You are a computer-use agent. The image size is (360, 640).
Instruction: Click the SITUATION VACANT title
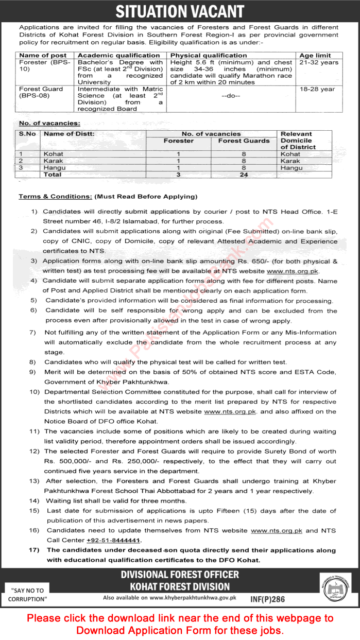(x=180, y=11)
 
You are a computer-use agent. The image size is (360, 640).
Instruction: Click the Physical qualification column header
(x=209, y=55)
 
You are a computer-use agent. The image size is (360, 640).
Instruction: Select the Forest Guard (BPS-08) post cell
(x=41, y=92)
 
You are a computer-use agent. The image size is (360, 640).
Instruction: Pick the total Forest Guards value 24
(x=244, y=175)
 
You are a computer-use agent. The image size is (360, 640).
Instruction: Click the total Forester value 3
(x=178, y=175)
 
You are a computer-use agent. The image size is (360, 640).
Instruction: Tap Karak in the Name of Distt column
(x=54, y=161)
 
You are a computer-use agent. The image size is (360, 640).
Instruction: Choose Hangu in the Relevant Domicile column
(x=292, y=168)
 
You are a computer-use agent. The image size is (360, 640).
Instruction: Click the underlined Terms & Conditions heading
(x=56, y=197)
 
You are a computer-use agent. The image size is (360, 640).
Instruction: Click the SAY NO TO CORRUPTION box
(x=27, y=595)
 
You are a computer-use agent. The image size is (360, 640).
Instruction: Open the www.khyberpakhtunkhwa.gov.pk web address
(x=193, y=598)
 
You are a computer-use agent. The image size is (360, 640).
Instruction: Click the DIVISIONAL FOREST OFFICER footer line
(x=180, y=575)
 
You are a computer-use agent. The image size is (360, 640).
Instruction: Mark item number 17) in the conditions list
(x=35, y=550)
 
